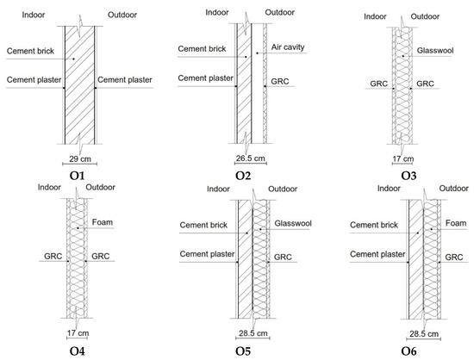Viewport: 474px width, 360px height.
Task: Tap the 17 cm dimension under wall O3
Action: [404, 159]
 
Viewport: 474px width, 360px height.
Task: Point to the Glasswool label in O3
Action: [436, 50]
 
